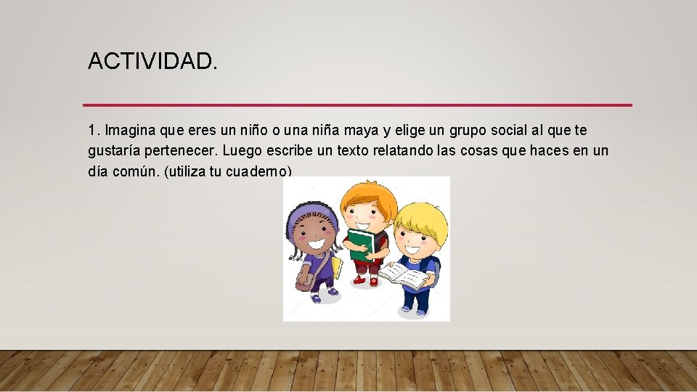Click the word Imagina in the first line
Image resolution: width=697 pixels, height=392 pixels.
[x=128, y=131]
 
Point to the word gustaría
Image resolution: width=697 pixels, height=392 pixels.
[x=115, y=151]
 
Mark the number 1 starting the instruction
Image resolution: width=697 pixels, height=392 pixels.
[x=92, y=131]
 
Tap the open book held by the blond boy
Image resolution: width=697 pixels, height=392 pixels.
[x=404, y=275]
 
